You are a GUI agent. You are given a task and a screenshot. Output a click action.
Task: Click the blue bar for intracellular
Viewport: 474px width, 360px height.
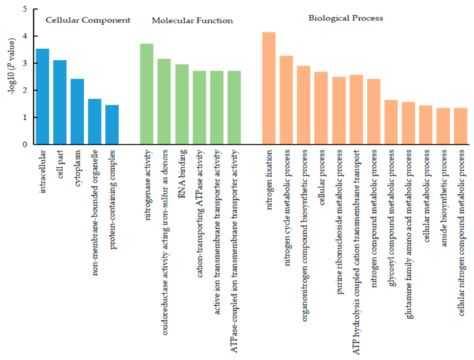click(x=42, y=97)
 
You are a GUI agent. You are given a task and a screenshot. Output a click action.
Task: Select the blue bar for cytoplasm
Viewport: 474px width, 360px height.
click(x=77, y=112)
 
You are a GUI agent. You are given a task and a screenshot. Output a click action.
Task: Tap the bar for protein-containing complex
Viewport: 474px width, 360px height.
click(x=112, y=125)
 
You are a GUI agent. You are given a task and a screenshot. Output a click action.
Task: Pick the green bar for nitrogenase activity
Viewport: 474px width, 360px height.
click(x=147, y=94)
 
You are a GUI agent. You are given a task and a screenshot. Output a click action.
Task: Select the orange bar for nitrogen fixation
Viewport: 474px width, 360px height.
click(x=269, y=88)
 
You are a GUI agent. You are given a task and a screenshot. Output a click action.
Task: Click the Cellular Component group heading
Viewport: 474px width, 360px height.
click(x=88, y=20)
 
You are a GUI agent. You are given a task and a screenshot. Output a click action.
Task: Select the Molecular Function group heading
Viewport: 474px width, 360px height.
click(x=192, y=21)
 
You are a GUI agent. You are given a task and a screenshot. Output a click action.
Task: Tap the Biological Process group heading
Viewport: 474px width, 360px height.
click(x=346, y=18)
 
